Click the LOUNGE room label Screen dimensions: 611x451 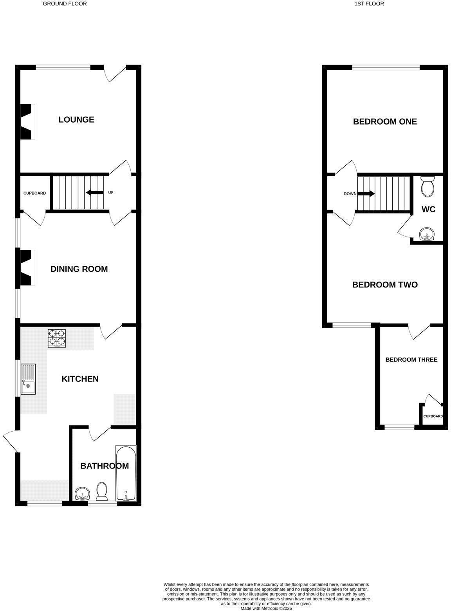pos(76,119)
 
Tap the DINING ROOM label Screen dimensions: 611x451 pos(79,269)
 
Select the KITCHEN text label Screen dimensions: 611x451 pos(80,379)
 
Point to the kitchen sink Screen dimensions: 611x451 pos(28,379)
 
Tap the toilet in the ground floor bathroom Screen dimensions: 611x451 pos(102,492)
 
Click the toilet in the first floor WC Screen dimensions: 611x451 pos(427,186)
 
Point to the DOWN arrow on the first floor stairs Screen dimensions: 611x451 pos(366,193)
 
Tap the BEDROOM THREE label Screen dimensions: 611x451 pos(411,360)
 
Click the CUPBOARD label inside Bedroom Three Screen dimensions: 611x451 pos(433,416)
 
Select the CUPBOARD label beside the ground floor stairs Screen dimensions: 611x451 pos(34,193)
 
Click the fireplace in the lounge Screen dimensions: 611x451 pos(27,121)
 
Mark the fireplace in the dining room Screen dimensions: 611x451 pos(27,268)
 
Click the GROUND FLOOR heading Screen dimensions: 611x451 pos(65,4)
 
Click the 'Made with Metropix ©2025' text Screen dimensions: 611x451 pos(266,608)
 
